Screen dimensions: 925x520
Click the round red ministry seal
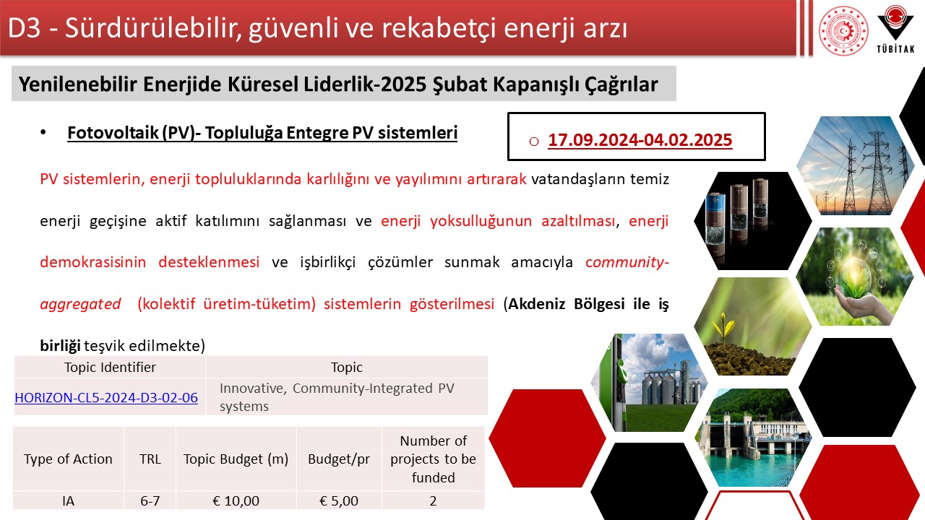[x=843, y=30]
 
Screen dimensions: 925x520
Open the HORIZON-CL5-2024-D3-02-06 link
[x=106, y=397]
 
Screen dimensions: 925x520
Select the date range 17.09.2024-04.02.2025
[x=640, y=139]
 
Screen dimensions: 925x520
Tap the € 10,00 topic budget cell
[x=236, y=500]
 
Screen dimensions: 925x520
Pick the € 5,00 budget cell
[x=339, y=500]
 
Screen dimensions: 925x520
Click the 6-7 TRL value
[x=150, y=500]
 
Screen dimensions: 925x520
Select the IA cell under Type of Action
[x=68, y=500]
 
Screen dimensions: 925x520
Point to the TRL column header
[x=150, y=459]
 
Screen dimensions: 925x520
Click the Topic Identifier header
[x=110, y=367]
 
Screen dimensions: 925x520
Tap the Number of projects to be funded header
[x=433, y=459]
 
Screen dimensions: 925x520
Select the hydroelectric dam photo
[x=753, y=438]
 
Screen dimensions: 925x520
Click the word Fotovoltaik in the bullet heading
[x=113, y=133]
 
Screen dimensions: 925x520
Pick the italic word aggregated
[x=80, y=304]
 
